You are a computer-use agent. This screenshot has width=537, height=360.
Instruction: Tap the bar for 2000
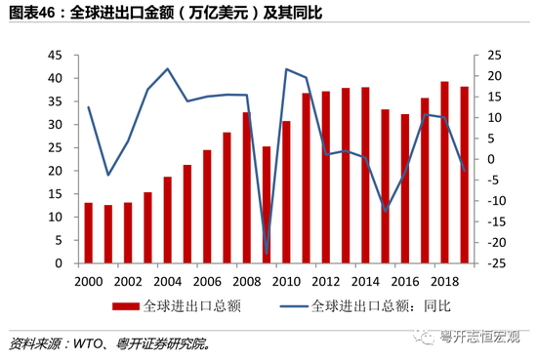[x=88, y=233]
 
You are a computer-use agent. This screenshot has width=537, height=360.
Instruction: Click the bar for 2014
[x=365, y=176]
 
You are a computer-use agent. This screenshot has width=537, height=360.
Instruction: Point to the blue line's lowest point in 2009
[x=267, y=253]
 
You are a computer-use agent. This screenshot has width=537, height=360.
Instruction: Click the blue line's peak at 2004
[x=168, y=68]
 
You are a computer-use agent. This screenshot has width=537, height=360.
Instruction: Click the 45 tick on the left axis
[x=62, y=56]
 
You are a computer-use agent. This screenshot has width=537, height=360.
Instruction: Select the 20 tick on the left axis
[x=62, y=171]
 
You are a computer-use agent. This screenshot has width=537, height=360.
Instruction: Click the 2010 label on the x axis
[x=287, y=280]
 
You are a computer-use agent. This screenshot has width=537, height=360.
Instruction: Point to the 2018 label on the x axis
[x=445, y=280]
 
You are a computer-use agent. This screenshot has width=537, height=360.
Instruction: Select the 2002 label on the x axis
[x=128, y=280]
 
